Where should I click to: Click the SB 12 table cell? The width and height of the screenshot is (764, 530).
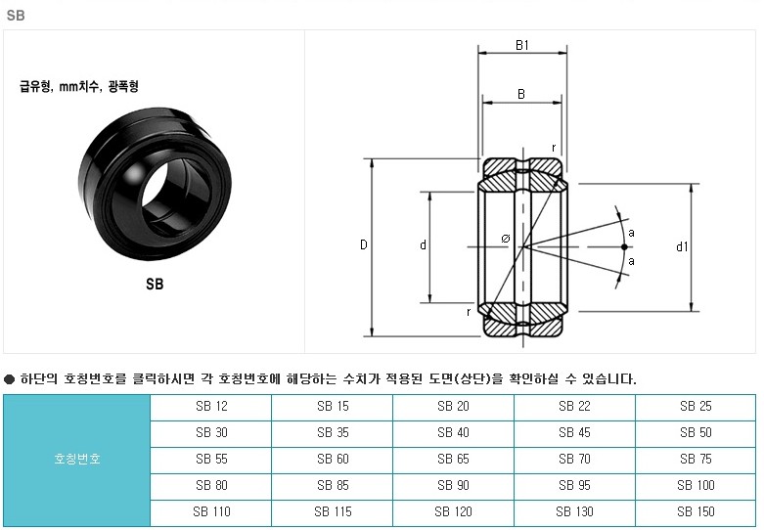211,406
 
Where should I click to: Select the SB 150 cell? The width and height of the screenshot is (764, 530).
696,511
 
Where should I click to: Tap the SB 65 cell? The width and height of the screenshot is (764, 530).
453,459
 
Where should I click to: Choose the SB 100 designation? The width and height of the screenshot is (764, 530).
696,485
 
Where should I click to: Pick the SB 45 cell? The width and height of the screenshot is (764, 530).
574,432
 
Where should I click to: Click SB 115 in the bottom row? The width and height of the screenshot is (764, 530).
333,511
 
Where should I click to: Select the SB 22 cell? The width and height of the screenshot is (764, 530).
574,406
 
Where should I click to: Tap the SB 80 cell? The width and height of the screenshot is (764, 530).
211,485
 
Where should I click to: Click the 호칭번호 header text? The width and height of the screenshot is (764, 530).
77,459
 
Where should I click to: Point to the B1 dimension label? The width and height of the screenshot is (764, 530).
521,45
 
